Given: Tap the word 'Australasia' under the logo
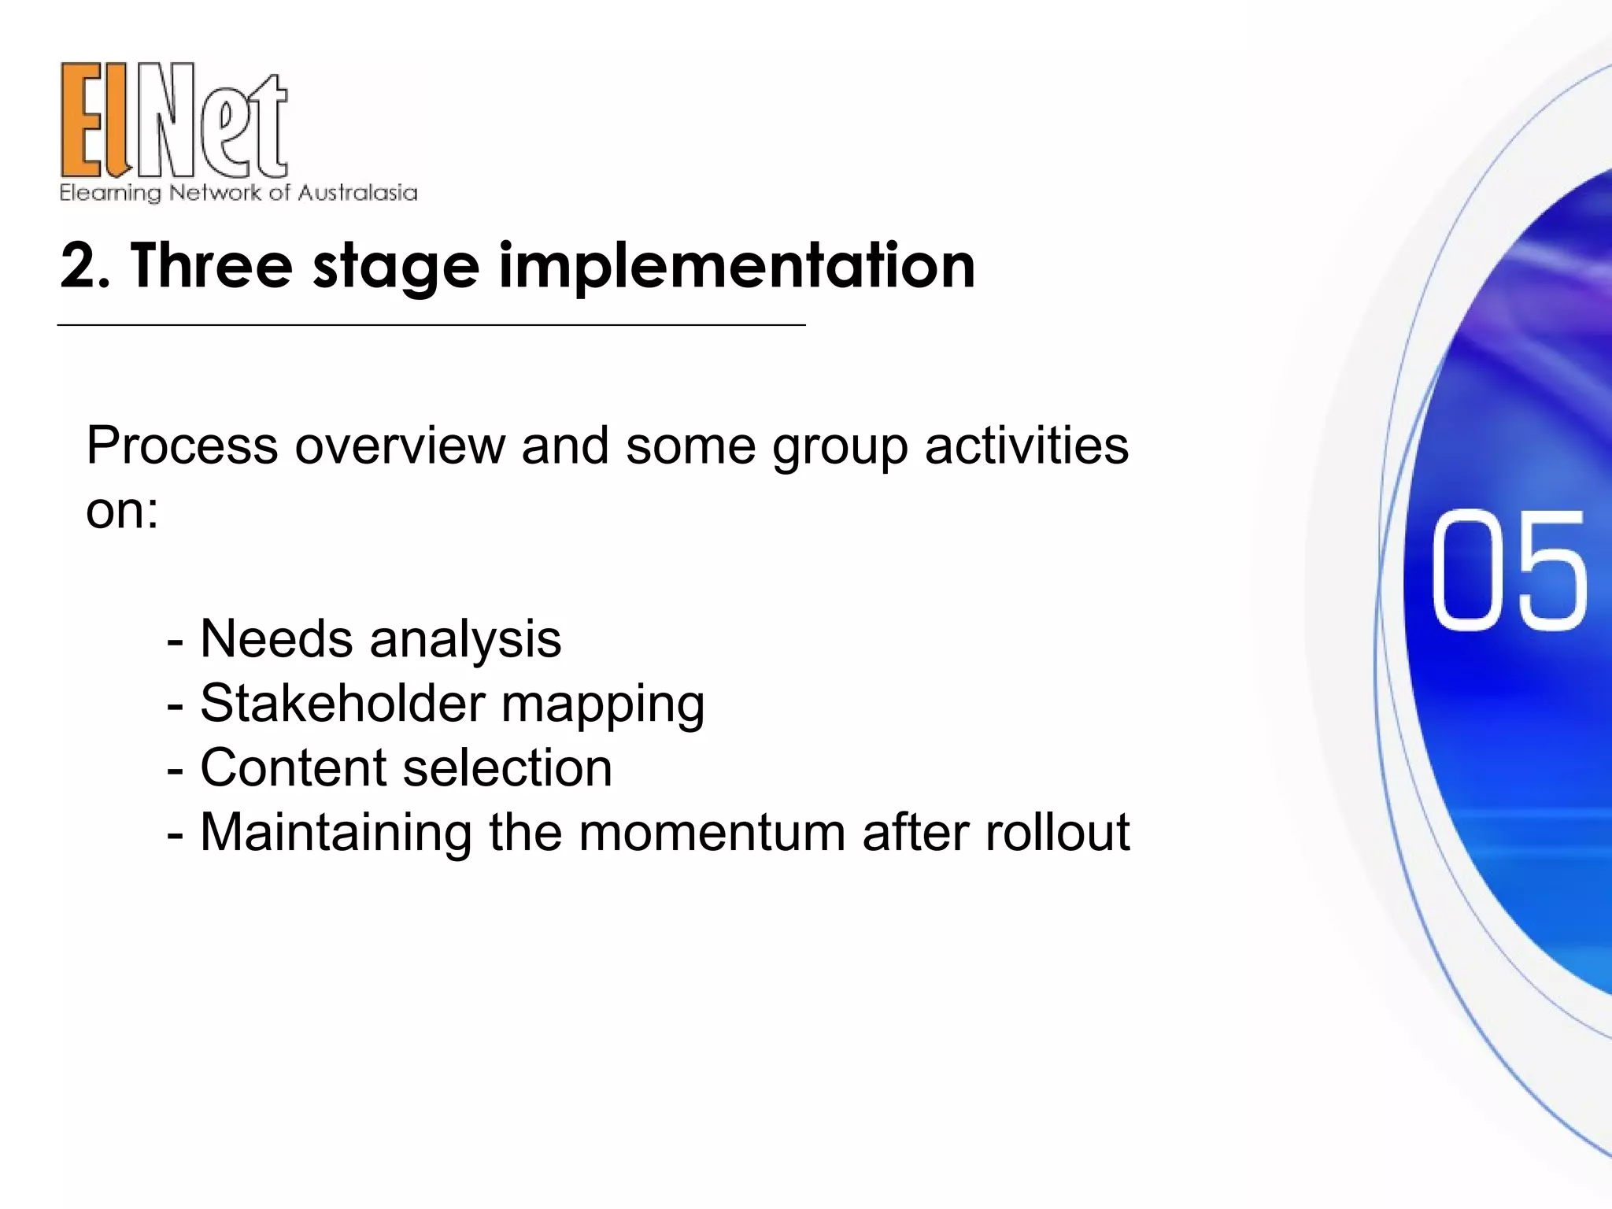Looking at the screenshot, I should [x=357, y=193].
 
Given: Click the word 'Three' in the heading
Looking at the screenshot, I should [x=212, y=266].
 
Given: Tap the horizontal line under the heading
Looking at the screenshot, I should [x=431, y=324].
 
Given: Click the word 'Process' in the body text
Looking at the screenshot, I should [x=182, y=446].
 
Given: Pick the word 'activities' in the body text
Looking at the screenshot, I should [x=1026, y=446].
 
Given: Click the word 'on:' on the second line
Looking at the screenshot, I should [x=122, y=511].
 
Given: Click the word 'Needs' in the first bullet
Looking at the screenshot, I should [x=276, y=638].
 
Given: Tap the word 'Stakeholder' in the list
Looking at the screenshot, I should [x=342, y=703].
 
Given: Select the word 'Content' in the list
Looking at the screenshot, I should [x=294, y=767].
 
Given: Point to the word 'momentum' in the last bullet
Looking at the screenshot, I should [x=712, y=833].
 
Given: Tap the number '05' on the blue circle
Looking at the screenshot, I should [x=1507, y=570].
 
